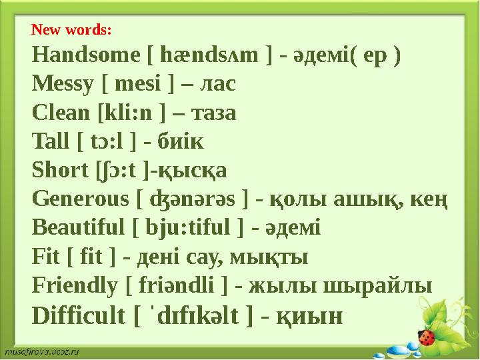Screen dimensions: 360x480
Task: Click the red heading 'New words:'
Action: coord(71,30)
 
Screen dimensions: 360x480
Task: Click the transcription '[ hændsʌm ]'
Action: coord(208,55)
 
